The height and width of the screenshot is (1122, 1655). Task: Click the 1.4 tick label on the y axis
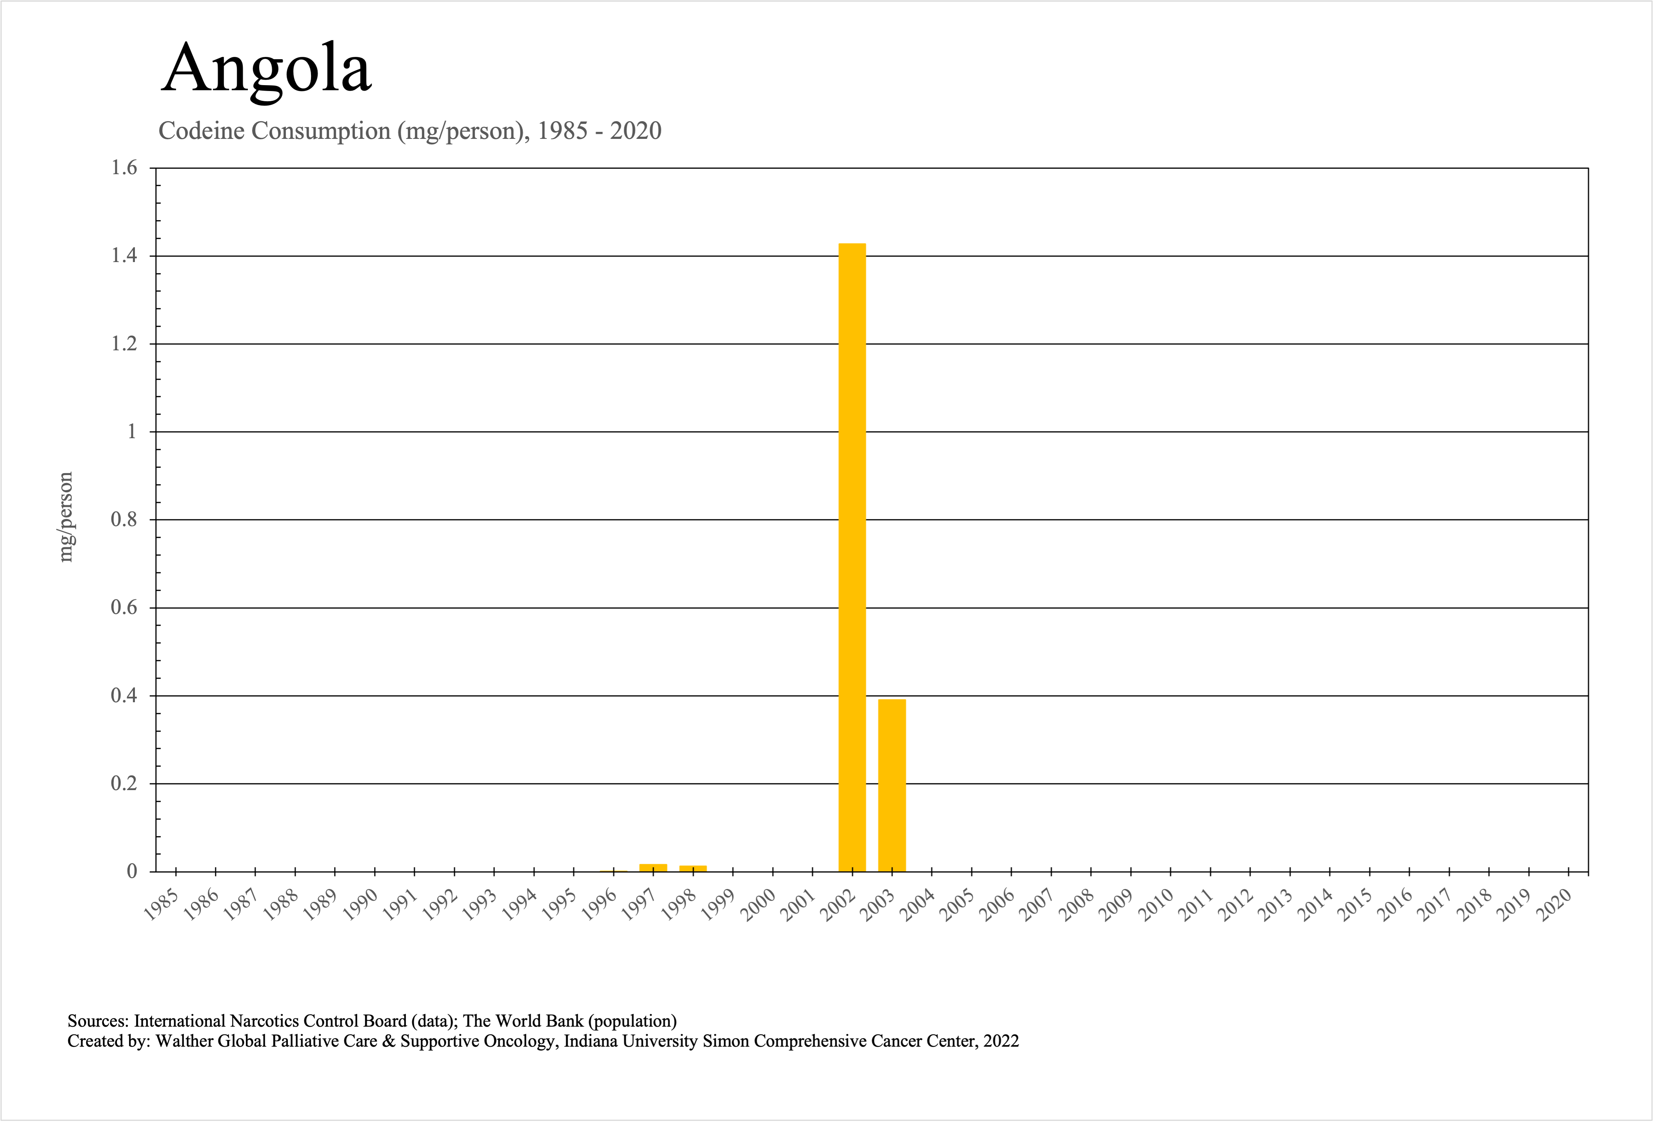point(124,256)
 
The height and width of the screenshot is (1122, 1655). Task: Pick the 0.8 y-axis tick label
point(124,519)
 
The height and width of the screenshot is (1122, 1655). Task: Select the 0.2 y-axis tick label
point(124,783)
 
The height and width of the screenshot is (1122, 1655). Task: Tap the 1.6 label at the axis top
point(124,168)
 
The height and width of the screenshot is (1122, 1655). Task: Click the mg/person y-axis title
point(65,517)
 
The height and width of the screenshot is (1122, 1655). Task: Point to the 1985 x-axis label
point(161,905)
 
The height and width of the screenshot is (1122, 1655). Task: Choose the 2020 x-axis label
point(1555,905)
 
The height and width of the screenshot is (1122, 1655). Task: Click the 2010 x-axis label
point(1157,905)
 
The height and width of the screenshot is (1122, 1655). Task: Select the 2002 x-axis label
point(838,905)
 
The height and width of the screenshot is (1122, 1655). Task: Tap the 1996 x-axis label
point(599,905)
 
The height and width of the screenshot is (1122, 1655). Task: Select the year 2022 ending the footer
point(1001,1041)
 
